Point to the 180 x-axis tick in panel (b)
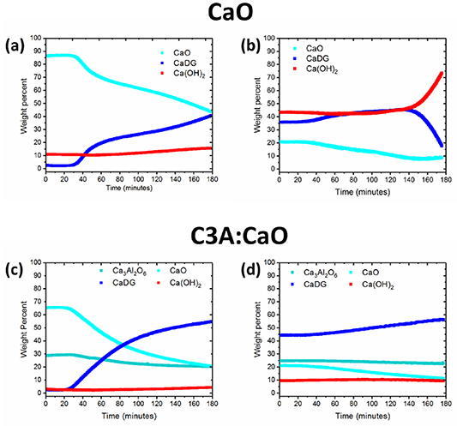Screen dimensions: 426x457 (x=443, y=178)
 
